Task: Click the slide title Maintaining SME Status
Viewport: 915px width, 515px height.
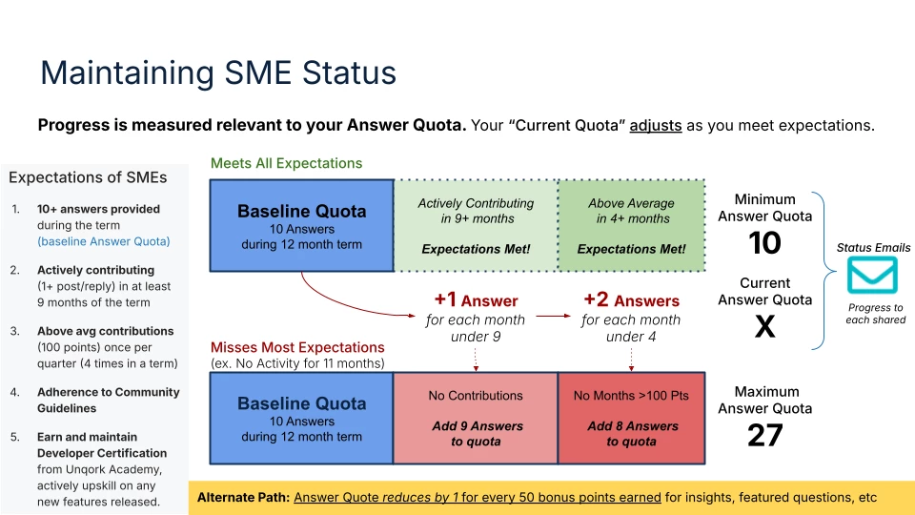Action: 218,73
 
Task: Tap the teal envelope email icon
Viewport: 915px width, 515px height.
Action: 872,275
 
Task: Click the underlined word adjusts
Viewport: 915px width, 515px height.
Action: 656,126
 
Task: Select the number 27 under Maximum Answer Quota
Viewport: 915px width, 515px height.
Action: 765,435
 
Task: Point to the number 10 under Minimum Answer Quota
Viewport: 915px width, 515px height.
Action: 764,243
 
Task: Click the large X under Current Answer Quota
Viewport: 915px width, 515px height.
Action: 765,326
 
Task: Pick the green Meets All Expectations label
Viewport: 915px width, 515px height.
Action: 287,163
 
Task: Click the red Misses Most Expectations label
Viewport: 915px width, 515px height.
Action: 297,347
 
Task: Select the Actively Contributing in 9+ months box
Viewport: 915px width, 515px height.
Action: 477,225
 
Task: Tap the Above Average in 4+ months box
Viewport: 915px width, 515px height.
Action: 631,225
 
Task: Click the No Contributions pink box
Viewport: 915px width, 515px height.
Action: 476,418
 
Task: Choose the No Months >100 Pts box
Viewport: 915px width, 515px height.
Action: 631,418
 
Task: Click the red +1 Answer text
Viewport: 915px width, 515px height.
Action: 476,300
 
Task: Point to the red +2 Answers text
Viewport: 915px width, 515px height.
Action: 631,300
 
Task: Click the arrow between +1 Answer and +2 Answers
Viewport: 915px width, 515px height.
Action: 553,316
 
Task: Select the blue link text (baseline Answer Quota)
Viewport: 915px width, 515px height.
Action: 103,241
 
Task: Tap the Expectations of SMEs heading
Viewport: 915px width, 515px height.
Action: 88,177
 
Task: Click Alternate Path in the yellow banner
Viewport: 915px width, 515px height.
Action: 243,498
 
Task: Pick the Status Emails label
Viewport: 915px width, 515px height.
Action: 873,248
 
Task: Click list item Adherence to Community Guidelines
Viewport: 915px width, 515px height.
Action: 108,400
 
